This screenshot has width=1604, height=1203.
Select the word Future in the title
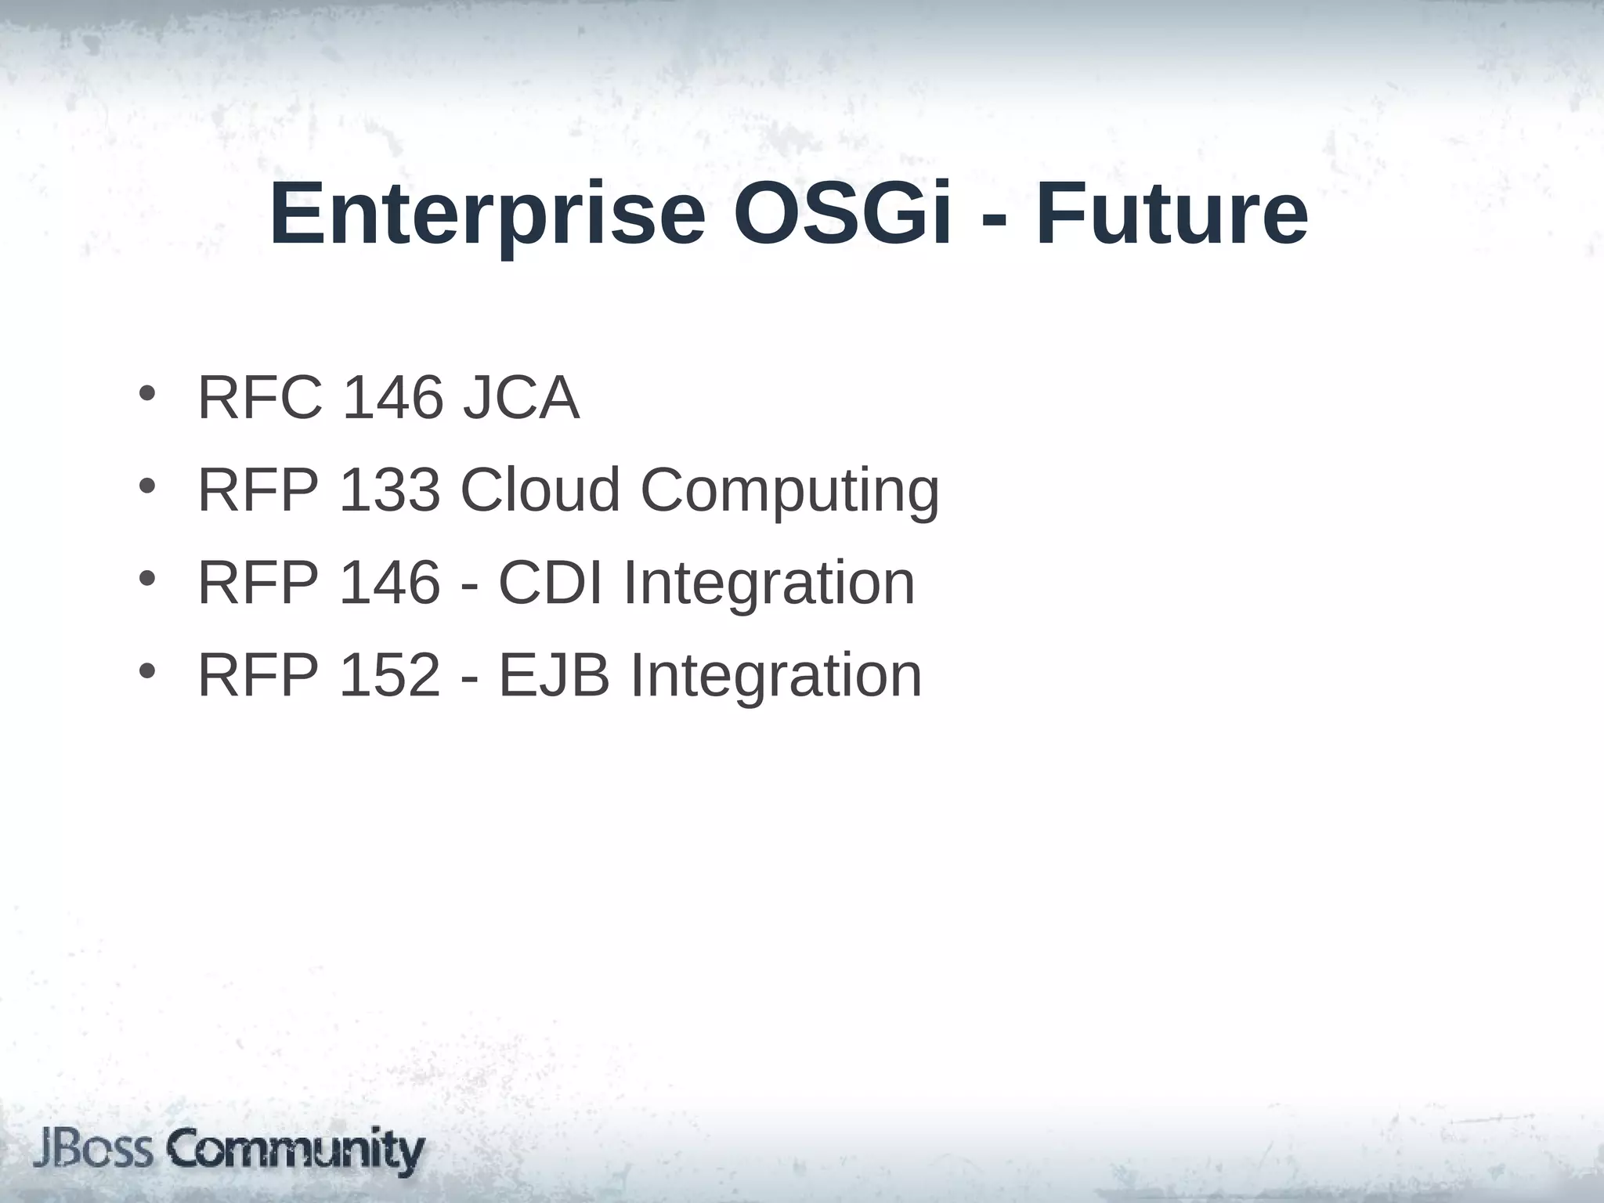(x=1172, y=214)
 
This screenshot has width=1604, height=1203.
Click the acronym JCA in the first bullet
(x=521, y=398)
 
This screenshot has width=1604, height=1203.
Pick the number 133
(x=389, y=490)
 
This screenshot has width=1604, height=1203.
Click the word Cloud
(x=540, y=490)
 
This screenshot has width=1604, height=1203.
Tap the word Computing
(x=789, y=490)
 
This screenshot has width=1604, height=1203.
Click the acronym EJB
(x=554, y=675)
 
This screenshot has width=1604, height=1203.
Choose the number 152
(x=389, y=675)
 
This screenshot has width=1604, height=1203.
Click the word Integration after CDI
(x=768, y=584)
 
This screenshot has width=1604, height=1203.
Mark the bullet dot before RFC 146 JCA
(x=146, y=393)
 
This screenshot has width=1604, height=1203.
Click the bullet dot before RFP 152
(x=146, y=671)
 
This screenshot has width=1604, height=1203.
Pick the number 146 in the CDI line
(x=389, y=583)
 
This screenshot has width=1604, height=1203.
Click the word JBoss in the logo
(x=92, y=1151)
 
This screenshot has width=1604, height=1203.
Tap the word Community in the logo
(x=296, y=1151)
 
